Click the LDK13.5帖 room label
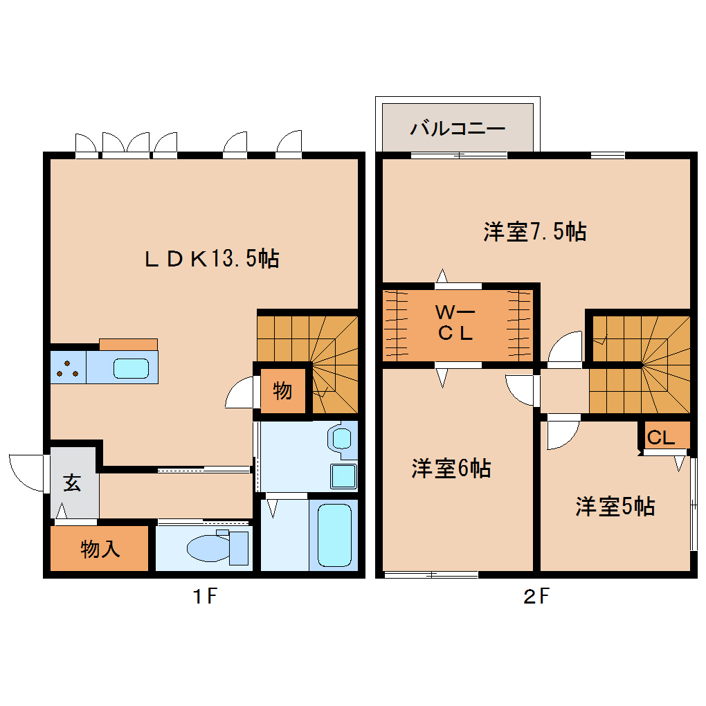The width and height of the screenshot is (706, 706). (212, 259)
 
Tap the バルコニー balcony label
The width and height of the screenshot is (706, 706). (458, 129)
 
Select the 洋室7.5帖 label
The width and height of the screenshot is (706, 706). (535, 232)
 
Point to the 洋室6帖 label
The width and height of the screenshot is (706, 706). (451, 469)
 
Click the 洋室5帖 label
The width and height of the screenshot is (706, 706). (615, 506)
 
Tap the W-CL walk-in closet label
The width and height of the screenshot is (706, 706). (455, 323)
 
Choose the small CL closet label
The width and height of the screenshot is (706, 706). (660, 437)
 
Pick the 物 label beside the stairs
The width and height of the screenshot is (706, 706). (282, 390)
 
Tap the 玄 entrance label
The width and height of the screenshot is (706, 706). (72, 482)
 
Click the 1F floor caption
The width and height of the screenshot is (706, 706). (205, 597)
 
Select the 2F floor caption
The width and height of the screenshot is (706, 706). (536, 597)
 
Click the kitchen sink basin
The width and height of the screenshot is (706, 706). (131, 368)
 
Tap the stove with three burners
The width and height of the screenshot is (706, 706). (68, 368)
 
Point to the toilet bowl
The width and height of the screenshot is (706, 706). (207, 548)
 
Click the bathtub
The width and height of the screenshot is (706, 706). (334, 535)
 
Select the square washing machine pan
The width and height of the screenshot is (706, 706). (343, 476)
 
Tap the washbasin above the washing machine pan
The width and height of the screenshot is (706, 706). (342, 439)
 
